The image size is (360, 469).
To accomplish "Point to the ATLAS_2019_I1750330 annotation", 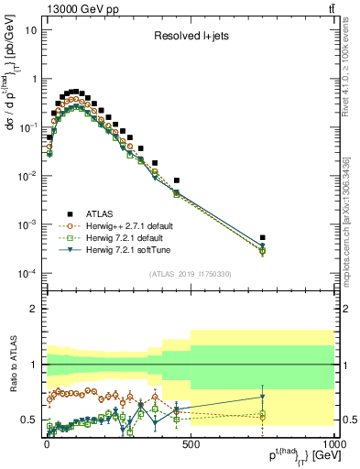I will pos(190,274).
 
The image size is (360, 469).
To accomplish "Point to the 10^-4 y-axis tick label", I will pos(27,274).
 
